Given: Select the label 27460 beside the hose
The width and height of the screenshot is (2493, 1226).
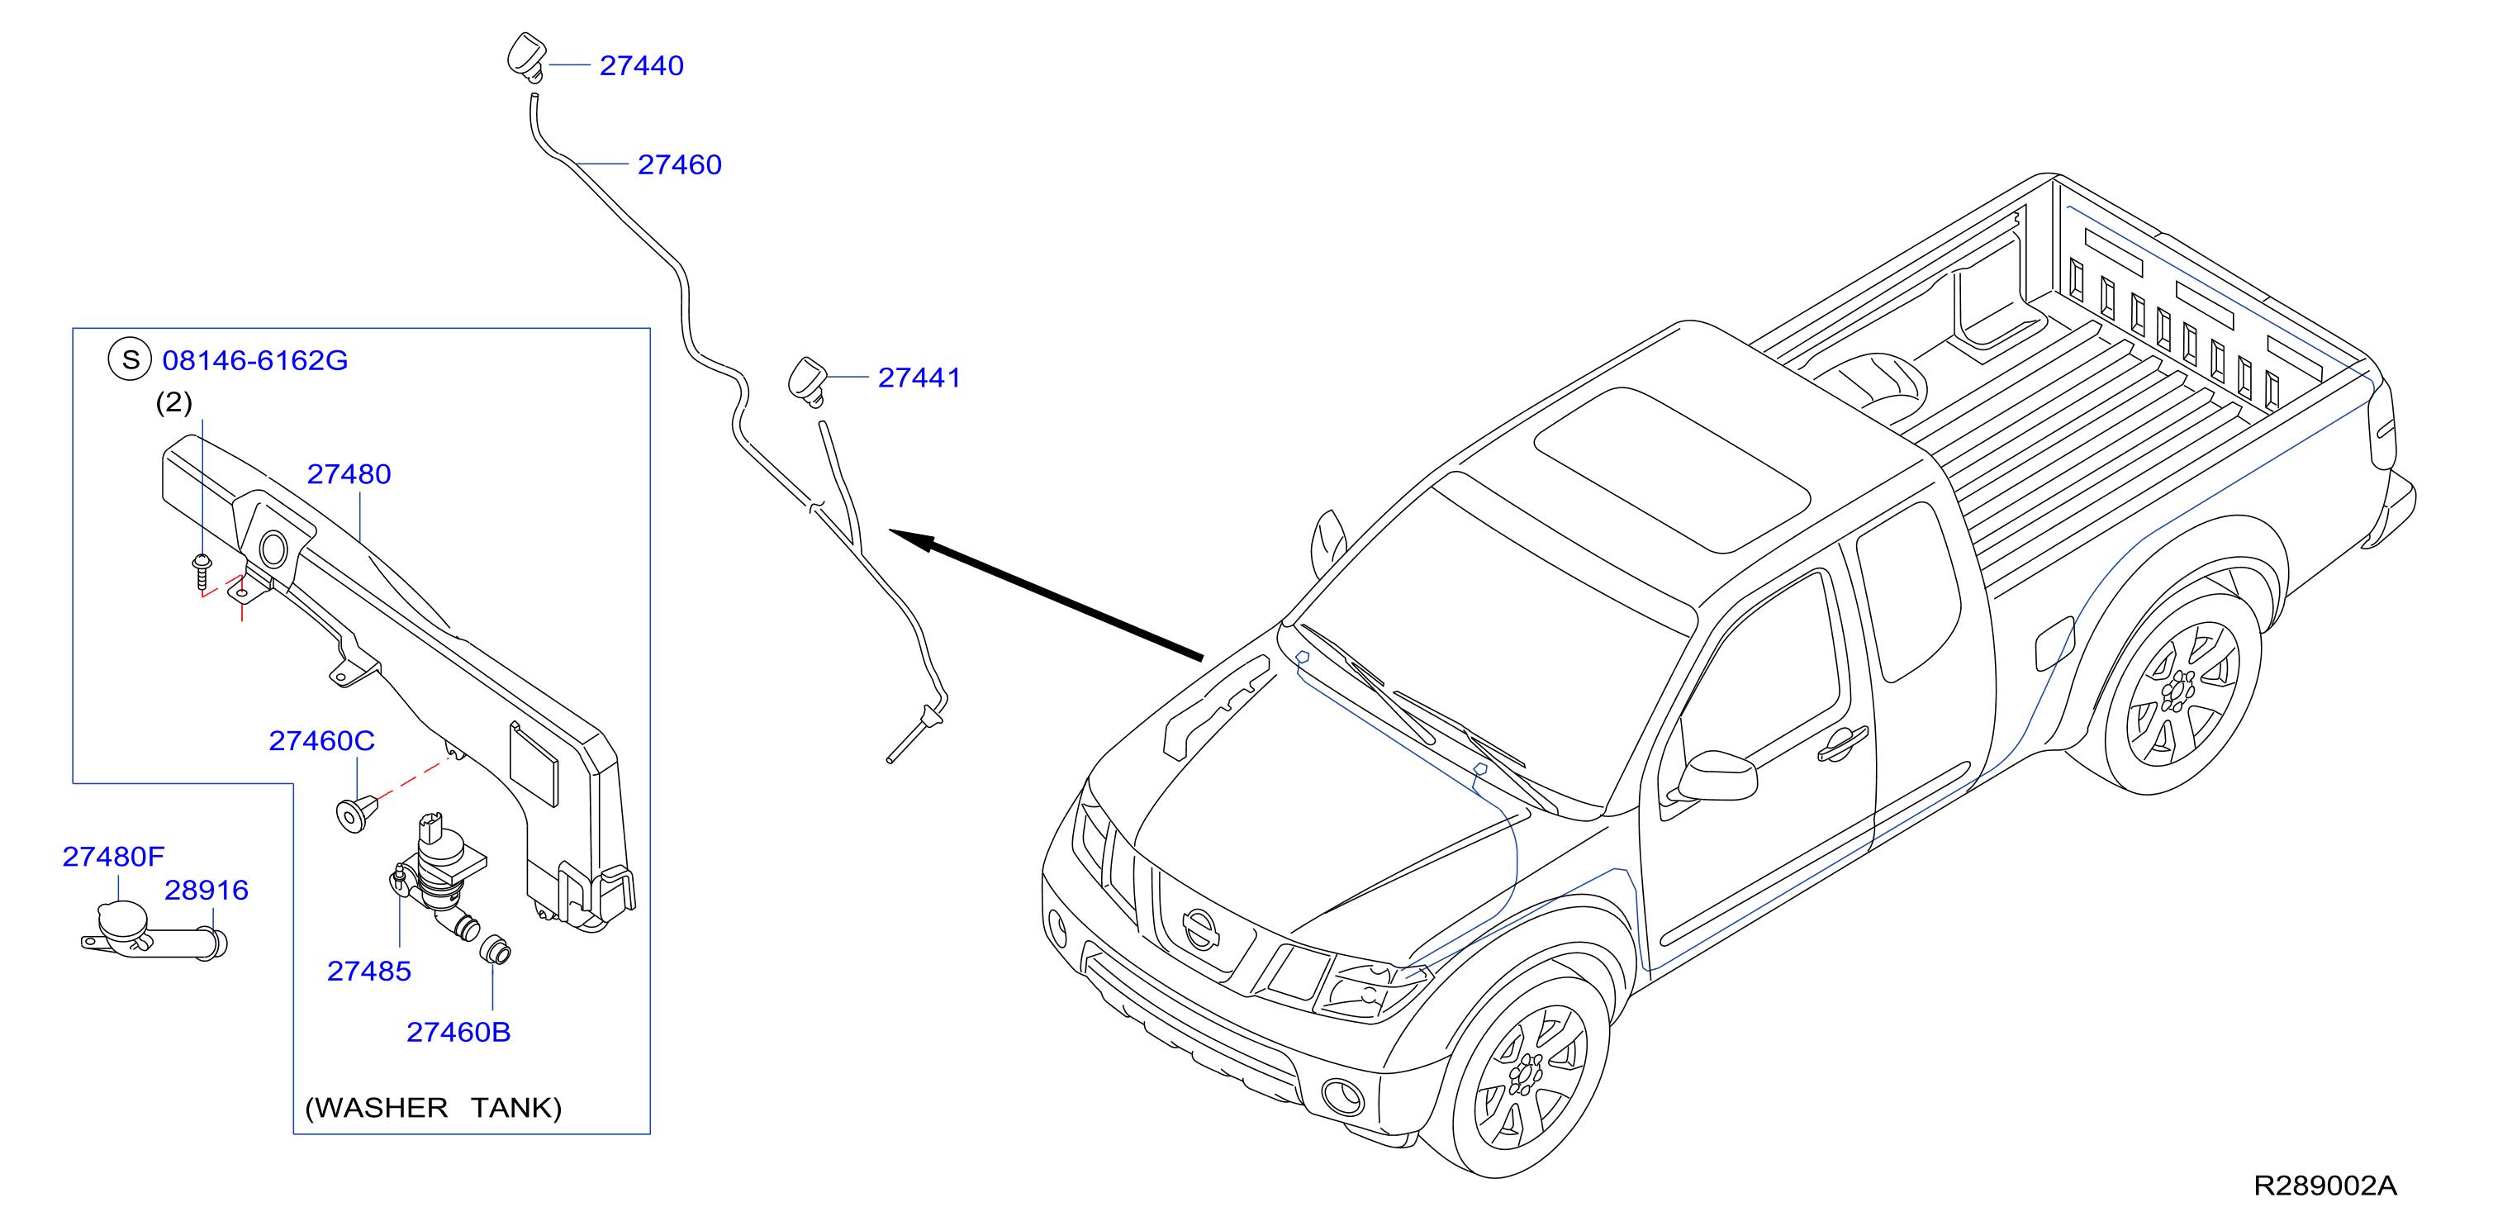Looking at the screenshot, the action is click(x=679, y=164).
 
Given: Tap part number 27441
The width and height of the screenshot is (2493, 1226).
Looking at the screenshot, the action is click(x=919, y=378).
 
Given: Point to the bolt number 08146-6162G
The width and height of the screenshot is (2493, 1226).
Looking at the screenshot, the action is click(x=254, y=360).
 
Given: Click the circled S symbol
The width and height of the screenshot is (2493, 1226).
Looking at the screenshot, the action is click(x=130, y=359).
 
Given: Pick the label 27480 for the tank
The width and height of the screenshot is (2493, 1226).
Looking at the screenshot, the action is click(x=349, y=474).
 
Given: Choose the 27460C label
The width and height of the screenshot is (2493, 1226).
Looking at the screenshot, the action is click(x=321, y=740).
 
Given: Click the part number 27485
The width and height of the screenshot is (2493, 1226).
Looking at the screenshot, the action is click(x=368, y=971).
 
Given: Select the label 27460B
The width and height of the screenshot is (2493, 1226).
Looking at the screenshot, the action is click(x=458, y=1033).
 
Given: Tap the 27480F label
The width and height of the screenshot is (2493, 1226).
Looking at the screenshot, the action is click(x=113, y=857).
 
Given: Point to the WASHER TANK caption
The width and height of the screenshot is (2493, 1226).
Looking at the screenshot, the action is click(x=433, y=1107).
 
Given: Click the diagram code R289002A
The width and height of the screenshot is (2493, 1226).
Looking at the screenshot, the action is click(x=2324, y=1186).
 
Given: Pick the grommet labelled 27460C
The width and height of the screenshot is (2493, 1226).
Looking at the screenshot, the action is click(x=355, y=812).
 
